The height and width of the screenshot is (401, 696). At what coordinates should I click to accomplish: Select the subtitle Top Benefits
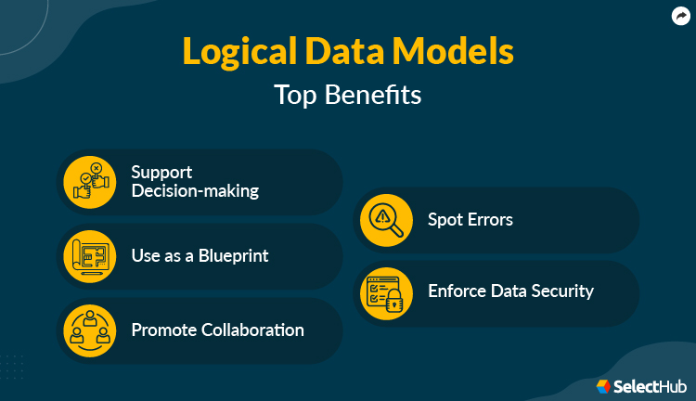pyautogui.click(x=347, y=95)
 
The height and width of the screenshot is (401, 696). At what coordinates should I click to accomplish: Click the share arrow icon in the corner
pyautogui.click(x=679, y=16)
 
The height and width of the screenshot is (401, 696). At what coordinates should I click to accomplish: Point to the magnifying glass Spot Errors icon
pyautogui.click(x=386, y=220)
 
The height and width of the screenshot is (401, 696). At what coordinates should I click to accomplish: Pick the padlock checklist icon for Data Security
pyautogui.click(x=386, y=292)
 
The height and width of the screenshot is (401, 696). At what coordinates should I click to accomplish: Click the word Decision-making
pyautogui.click(x=194, y=191)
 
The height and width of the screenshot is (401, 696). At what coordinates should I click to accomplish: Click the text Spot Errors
pyautogui.click(x=470, y=220)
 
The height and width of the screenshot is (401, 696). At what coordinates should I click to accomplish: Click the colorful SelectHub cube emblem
pyautogui.click(x=604, y=384)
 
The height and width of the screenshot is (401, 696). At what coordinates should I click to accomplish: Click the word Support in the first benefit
pyautogui.click(x=161, y=172)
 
